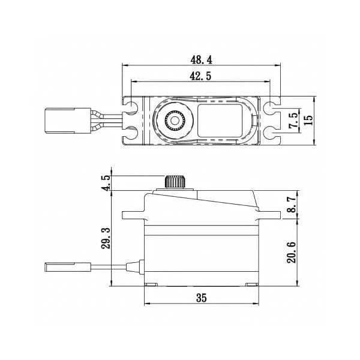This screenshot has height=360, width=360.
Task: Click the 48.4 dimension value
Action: tap(202, 60)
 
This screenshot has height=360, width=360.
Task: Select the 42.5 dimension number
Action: tap(200, 76)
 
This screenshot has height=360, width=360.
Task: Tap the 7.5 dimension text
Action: tap(294, 120)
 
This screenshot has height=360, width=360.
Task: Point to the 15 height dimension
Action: tap(309, 120)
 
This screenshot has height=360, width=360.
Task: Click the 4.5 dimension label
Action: tap(107, 183)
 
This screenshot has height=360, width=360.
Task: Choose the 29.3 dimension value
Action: tap(106, 239)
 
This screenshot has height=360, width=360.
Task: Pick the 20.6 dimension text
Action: tap(292, 253)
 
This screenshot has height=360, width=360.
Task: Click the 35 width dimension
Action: tap(202, 298)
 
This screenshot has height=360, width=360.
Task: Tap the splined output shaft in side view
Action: tap(175, 182)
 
